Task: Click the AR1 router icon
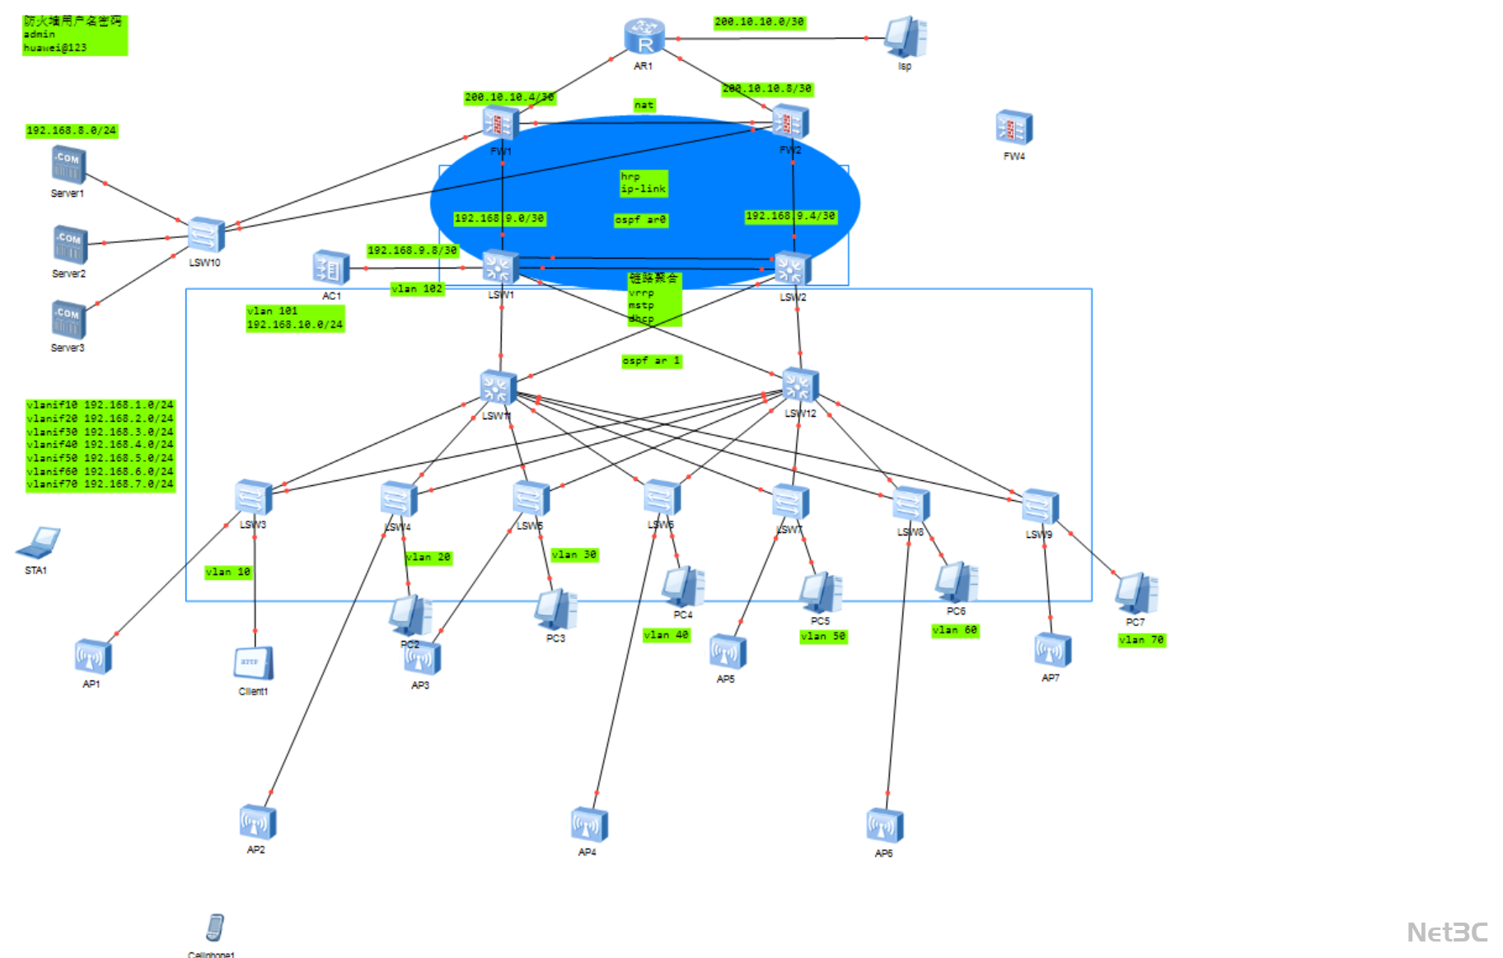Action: pyautogui.click(x=644, y=37)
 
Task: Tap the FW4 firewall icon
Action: pyautogui.click(x=1014, y=128)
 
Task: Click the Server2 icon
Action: pyautogui.click(x=69, y=245)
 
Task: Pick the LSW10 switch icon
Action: pyautogui.click(x=205, y=236)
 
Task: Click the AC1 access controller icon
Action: pyautogui.click(x=331, y=268)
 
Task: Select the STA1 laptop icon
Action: pyautogui.click(x=38, y=544)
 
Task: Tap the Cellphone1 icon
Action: pyautogui.click(x=215, y=928)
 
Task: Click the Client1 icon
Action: pyautogui.click(x=253, y=664)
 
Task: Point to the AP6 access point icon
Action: pyautogui.click(x=884, y=826)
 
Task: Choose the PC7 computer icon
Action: pyautogui.click(x=1136, y=593)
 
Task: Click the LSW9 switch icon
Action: pyautogui.click(x=1039, y=507)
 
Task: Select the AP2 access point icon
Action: pyautogui.click(x=257, y=822)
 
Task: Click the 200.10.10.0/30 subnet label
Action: pyautogui.click(x=759, y=22)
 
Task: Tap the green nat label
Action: pyautogui.click(x=644, y=105)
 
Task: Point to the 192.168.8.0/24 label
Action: pyautogui.click(x=72, y=130)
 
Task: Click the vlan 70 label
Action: pyautogui.click(x=1141, y=640)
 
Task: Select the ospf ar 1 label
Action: pyautogui.click(x=651, y=361)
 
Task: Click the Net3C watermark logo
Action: pyautogui.click(x=1447, y=932)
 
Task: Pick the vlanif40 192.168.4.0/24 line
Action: pyautogui.click(x=100, y=444)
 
